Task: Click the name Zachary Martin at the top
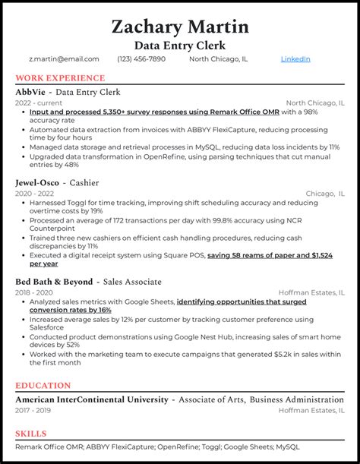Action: pyautogui.click(x=180, y=27)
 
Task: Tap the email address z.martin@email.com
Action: pyautogui.click(x=64, y=58)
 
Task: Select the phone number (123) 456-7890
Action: pyautogui.click(x=144, y=58)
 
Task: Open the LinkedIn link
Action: pyautogui.click(x=295, y=58)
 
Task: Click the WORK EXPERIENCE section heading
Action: pyautogui.click(x=60, y=78)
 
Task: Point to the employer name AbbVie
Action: pyautogui.click(x=31, y=92)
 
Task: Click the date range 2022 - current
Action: pyautogui.click(x=38, y=103)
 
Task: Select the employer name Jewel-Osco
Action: pyautogui.click(x=36, y=183)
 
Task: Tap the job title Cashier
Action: pyautogui.click(x=85, y=183)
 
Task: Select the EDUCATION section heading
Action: pyautogui.click(x=43, y=385)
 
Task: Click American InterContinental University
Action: pyautogui.click(x=91, y=399)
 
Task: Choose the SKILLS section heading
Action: pyautogui.click(x=32, y=433)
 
